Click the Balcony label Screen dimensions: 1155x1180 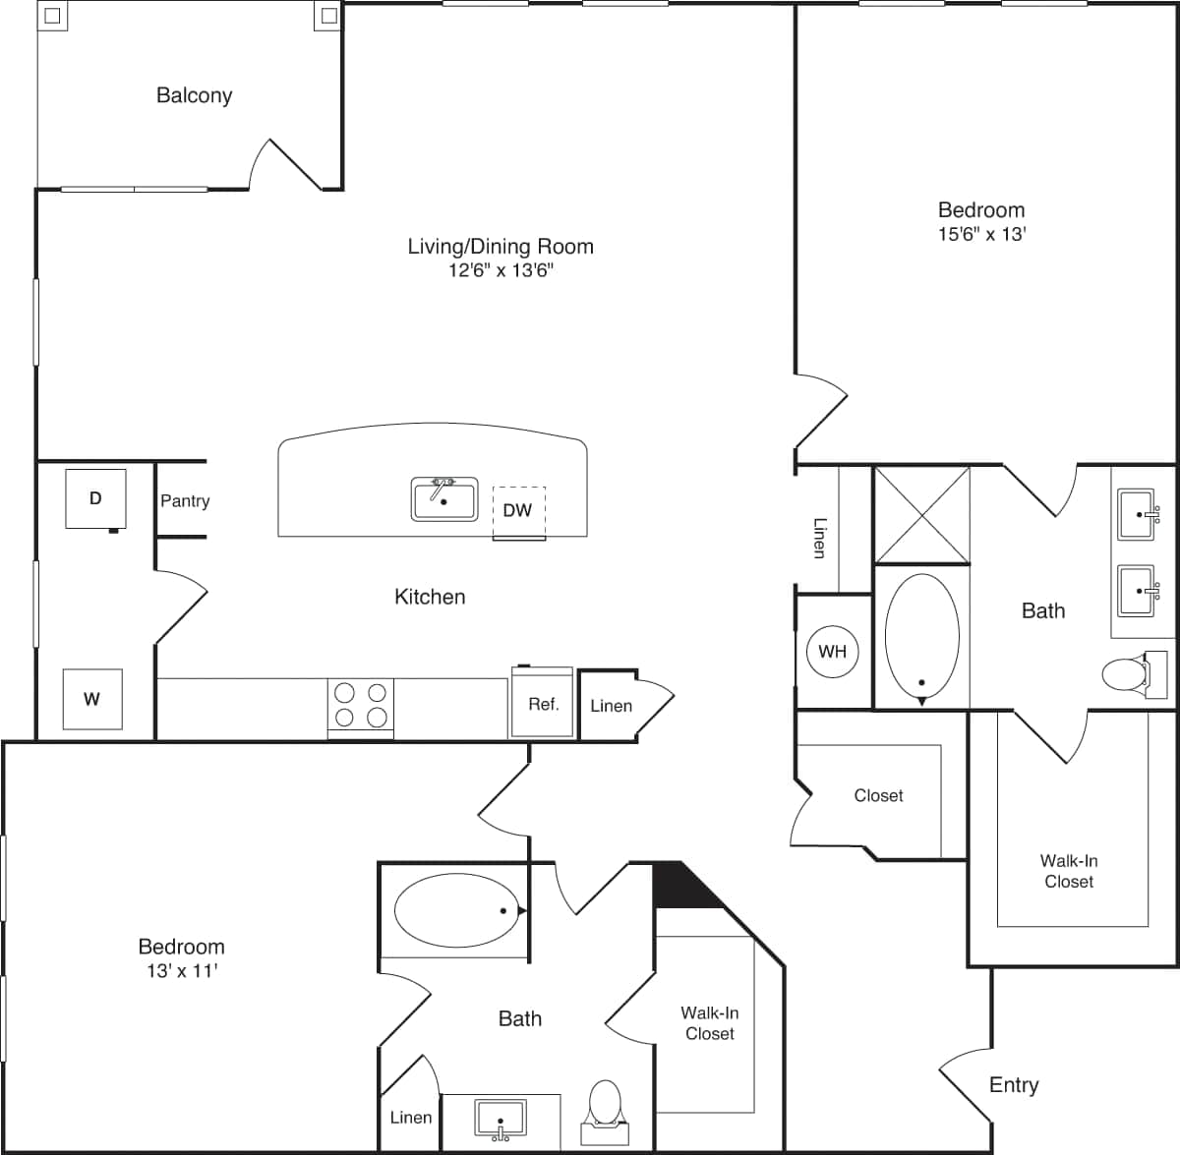coord(194,95)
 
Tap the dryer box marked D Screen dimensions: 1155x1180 coord(95,498)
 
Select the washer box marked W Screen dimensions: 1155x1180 coord(92,699)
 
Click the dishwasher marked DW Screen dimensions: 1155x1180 coord(518,510)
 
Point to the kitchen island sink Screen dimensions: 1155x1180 coord(443,498)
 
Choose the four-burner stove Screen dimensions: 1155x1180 coord(361,705)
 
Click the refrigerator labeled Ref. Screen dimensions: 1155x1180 coord(543,703)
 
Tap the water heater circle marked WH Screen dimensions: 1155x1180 coord(832,651)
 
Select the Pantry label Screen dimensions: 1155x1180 coord(185,500)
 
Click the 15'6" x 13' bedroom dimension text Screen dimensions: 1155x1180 coord(981,234)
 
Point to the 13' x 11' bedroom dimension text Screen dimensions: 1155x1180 coord(181,970)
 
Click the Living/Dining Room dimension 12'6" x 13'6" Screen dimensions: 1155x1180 coord(501,270)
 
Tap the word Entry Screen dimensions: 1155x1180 coord(1013,1084)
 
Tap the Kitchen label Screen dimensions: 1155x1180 coord(430,597)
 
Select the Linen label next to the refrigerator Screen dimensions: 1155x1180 coord(611,706)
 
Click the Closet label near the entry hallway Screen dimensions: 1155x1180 coord(878,795)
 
